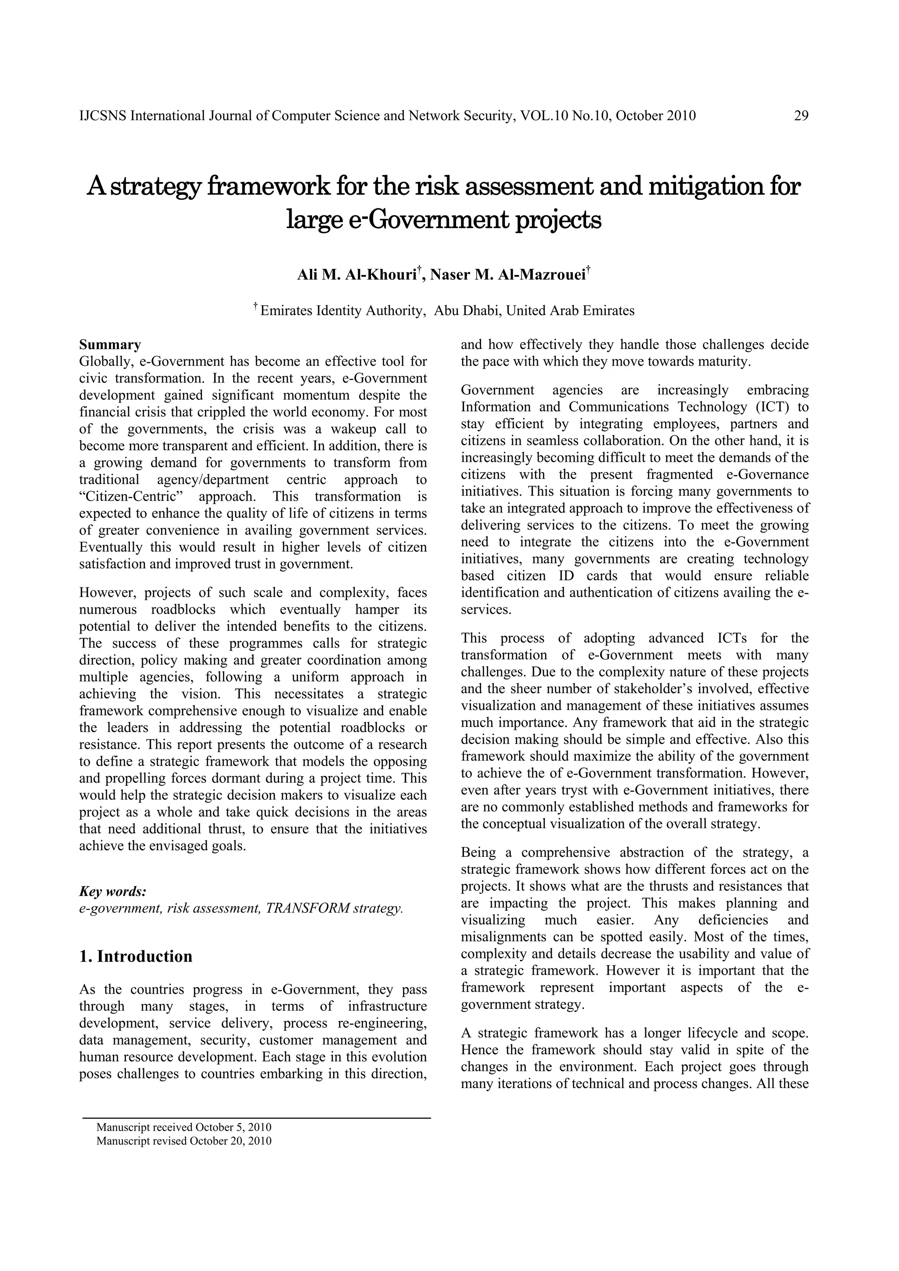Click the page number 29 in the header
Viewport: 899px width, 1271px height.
[x=801, y=116]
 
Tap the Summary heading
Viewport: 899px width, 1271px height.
[x=110, y=345]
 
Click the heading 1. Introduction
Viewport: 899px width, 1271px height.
[x=136, y=956]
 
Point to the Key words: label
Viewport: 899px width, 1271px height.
[x=113, y=891]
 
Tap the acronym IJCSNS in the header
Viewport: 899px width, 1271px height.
[x=103, y=116]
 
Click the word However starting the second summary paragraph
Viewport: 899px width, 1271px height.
[x=108, y=593]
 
